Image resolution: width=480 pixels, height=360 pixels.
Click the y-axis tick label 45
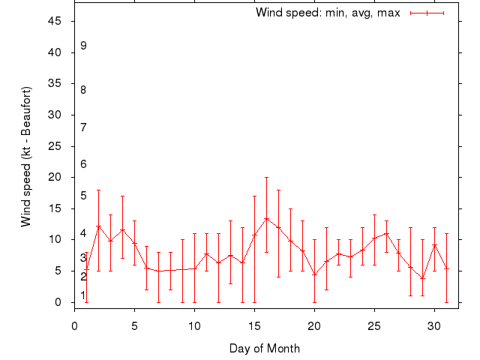55,21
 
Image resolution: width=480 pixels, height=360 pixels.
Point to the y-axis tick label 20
55,177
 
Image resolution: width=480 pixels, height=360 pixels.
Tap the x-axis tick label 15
254,325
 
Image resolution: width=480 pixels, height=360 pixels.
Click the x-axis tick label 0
74,325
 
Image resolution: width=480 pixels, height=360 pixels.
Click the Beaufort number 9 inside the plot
83,46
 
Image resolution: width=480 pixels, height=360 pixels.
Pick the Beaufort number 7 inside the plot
83,127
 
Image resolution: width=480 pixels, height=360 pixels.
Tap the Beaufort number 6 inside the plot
83,164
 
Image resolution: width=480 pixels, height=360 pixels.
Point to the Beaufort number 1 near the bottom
83,295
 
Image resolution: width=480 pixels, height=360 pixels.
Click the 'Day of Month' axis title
265,348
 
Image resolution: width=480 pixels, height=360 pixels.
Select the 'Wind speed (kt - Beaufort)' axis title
26,156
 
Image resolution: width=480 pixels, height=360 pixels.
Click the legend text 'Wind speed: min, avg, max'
328,13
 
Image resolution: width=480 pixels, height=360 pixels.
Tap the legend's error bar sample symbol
427,13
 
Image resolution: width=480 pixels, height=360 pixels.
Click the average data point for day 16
266,219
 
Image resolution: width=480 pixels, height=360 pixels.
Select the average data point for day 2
98,226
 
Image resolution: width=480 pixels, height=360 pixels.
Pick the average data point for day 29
422,278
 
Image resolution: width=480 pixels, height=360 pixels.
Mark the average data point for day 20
314,274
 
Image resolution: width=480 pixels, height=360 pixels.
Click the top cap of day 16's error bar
266,178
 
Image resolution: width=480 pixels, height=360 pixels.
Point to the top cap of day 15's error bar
254,196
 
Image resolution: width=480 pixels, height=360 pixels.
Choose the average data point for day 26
386,233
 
